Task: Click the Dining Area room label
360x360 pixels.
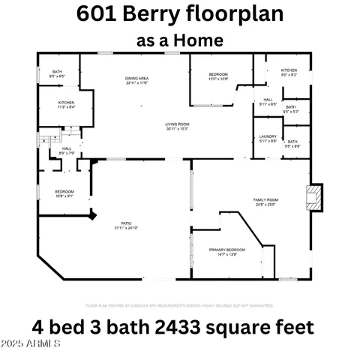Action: [x=136, y=80]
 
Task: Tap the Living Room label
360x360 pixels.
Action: [x=177, y=127]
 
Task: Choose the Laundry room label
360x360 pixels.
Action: [x=268, y=139]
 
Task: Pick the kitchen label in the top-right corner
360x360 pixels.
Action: [x=289, y=72]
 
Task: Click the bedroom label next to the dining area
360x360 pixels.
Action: [x=218, y=76]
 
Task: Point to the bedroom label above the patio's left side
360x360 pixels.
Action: [x=64, y=193]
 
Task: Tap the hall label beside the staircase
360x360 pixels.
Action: [x=66, y=151]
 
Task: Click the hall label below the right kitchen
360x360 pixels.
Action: [x=268, y=101]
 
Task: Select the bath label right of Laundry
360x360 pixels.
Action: [x=292, y=143]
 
